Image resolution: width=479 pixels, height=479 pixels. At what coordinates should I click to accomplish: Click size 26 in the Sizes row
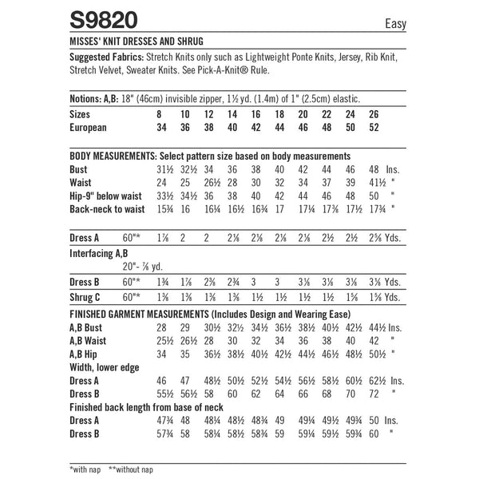coord(373,115)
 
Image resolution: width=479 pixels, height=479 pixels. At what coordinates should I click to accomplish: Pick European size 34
coord(163,127)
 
